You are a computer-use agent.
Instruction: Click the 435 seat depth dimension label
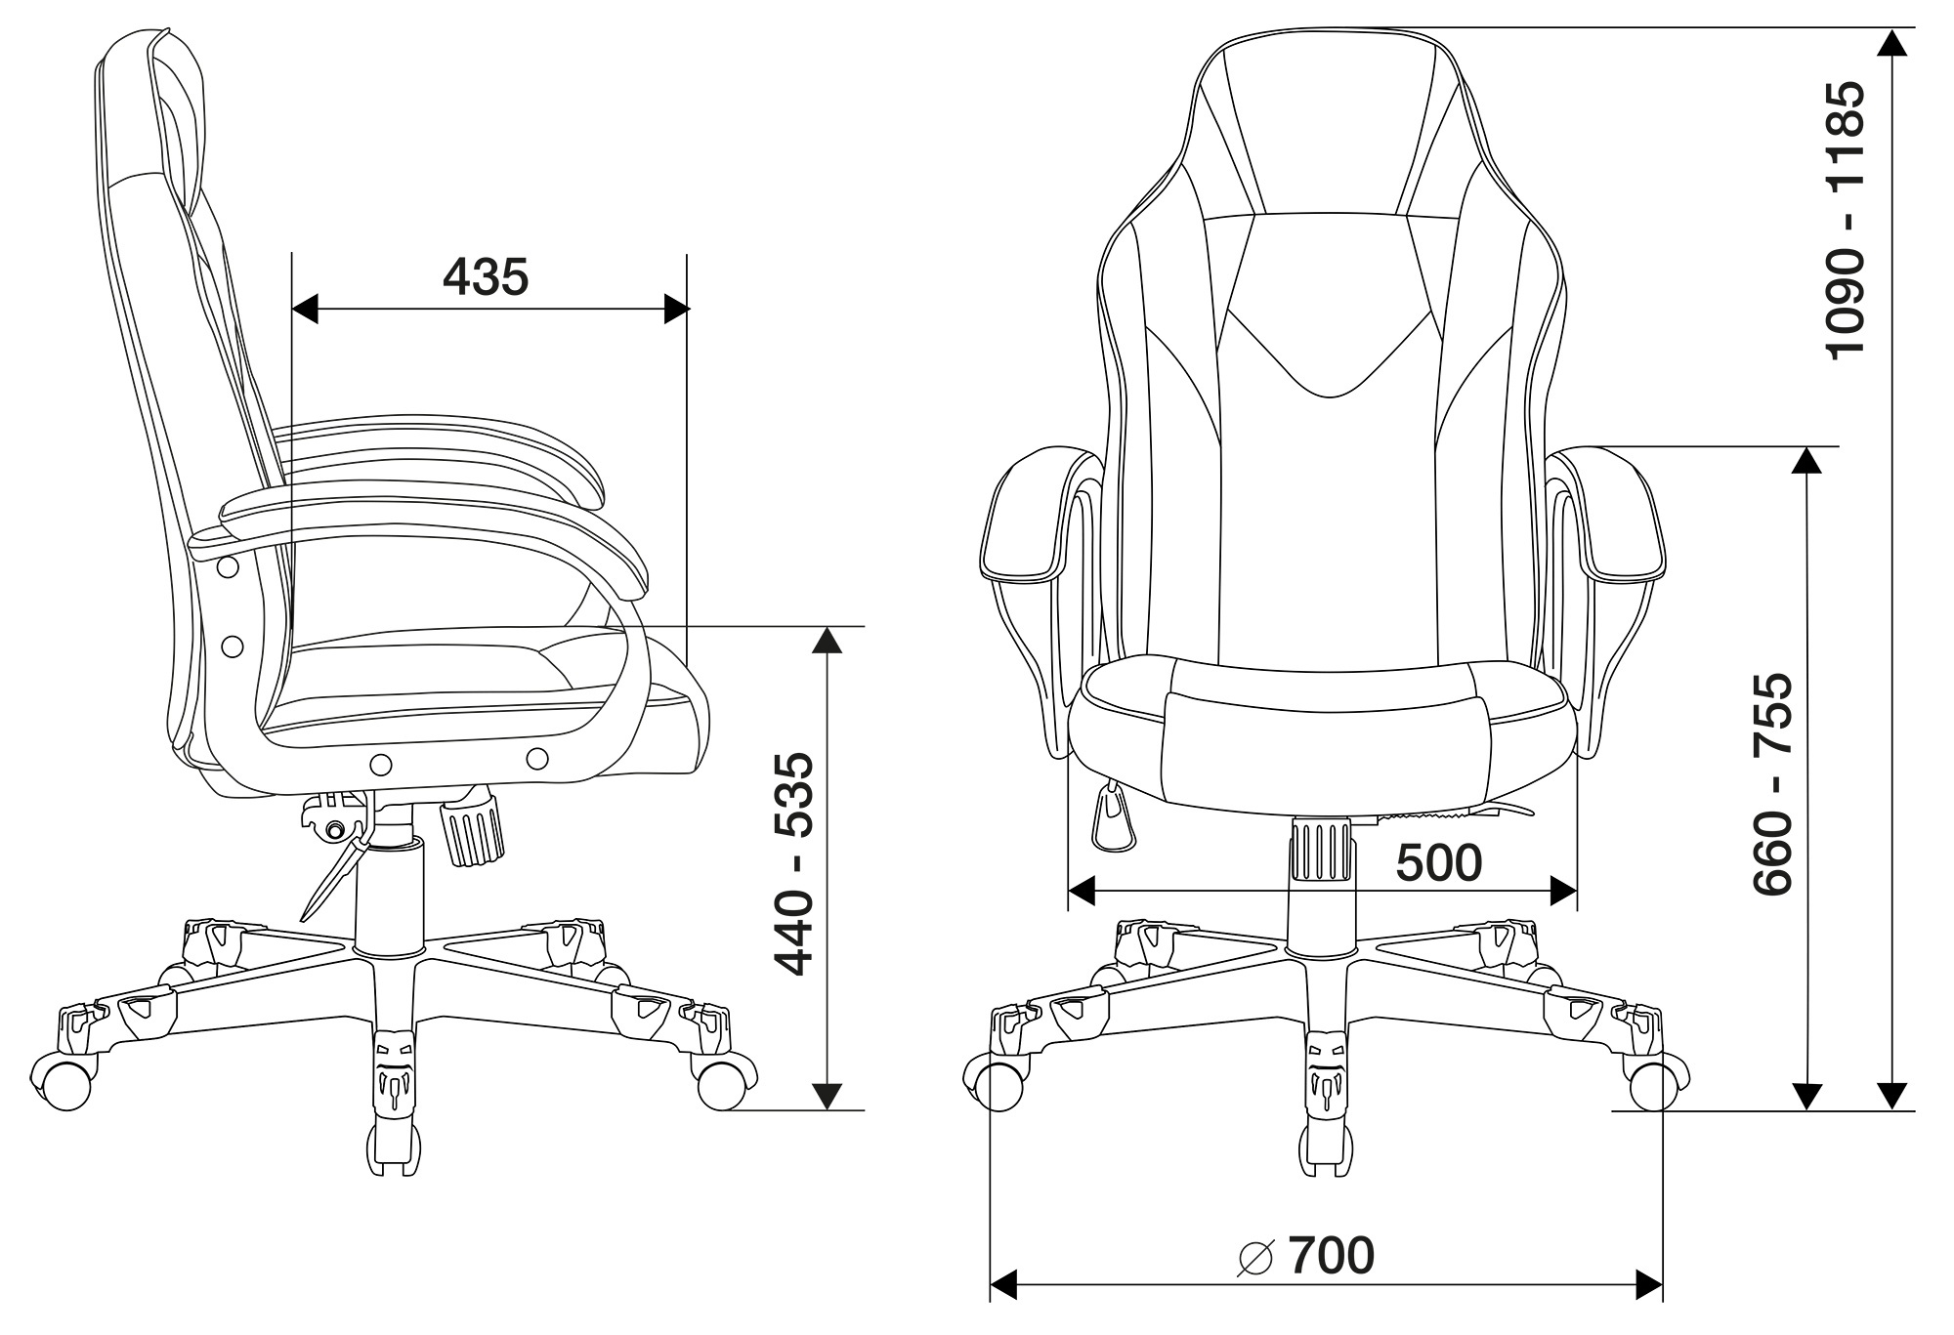(x=486, y=277)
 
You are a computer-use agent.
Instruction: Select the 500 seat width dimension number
(x=1439, y=862)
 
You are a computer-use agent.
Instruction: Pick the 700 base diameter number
(x=1331, y=1256)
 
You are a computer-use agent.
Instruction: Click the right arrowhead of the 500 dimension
(x=1563, y=891)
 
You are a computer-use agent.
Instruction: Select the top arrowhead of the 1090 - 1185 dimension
(x=1893, y=43)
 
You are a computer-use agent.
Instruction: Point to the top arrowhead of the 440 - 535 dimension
(x=828, y=641)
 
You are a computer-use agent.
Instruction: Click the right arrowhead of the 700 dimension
(x=1649, y=1283)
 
